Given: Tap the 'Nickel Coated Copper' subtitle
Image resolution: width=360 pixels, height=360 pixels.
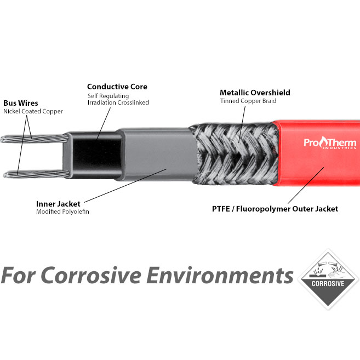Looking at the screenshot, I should [x=33, y=111].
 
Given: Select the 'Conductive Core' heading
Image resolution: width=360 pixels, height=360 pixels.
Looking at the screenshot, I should [x=117, y=87].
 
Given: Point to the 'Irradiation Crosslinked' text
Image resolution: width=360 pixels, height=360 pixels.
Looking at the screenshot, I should [x=118, y=102].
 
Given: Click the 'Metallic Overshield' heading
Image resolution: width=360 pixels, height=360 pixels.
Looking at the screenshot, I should [x=255, y=93].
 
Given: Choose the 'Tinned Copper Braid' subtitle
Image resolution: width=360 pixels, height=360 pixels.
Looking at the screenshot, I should [x=248, y=101].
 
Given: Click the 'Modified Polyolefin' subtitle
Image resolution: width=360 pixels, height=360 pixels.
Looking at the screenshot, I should [x=62, y=212].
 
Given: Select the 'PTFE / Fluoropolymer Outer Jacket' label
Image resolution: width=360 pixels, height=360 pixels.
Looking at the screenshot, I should [x=275, y=209].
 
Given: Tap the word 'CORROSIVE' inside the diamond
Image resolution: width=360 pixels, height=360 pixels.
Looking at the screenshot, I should [x=328, y=284].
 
